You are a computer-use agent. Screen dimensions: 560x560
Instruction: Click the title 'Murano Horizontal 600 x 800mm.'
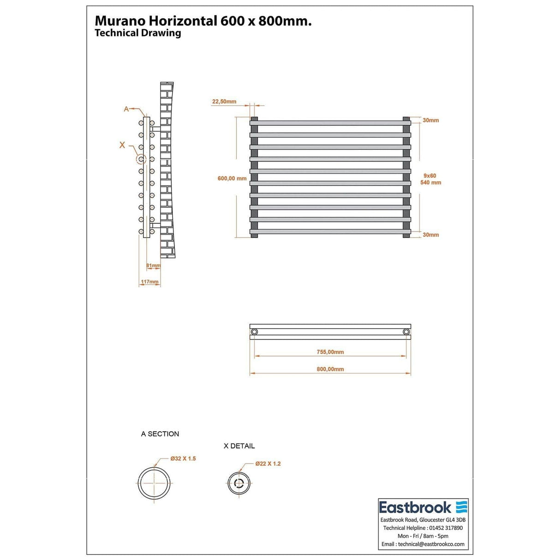pos(203,21)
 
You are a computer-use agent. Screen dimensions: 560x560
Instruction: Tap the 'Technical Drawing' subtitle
pos(137,33)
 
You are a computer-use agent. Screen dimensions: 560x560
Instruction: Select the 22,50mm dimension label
pos(224,101)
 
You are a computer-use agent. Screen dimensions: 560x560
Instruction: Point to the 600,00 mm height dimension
pos(232,179)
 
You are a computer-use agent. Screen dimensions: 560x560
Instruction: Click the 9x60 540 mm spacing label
pos(430,179)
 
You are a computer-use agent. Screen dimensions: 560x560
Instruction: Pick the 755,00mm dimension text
pos(330,352)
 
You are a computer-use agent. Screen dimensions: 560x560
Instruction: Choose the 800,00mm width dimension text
pos(330,369)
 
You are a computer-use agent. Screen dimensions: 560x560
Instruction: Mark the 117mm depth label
pos(149,282)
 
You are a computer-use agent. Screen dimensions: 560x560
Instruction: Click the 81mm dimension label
pos(153,266)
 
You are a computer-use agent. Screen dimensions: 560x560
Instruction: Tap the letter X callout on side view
pos(122,145)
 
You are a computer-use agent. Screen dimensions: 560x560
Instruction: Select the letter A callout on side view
pos(126,109)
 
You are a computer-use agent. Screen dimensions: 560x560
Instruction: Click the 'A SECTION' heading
pos(160,434)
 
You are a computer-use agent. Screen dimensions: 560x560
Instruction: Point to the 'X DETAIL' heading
pos(239,446)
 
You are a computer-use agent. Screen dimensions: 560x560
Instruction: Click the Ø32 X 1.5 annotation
pos(183,459)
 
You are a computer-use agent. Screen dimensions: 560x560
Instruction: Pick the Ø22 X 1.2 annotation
pos(268,464)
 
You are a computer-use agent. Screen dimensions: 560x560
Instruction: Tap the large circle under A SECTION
pos(154,483)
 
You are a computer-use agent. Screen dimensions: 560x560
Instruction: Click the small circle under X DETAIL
pos(239,483)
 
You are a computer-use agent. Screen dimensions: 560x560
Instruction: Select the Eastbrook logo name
pos(415,508)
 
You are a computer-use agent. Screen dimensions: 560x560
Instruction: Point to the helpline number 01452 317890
pos(445,528)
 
